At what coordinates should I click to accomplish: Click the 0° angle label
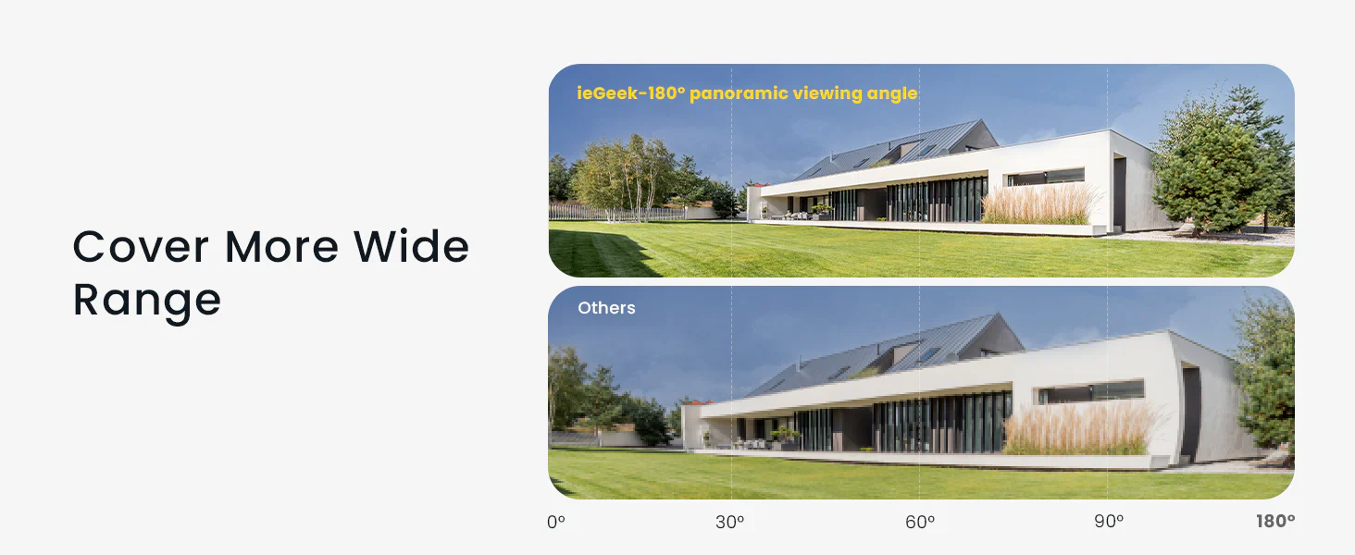pos(556,521)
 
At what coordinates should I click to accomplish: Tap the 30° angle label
pos(729,521)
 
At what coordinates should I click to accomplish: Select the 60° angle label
pos(920,521)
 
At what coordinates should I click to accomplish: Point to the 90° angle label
pos(1109,521)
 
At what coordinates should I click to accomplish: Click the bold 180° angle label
pos(1275,521)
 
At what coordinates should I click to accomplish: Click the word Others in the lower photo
pos(606,308)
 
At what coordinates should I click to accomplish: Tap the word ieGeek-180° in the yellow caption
pos(631,93)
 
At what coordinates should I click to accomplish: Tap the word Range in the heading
pos(147,300)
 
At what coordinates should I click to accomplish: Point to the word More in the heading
pos(281,247)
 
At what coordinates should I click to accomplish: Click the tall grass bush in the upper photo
pos(1039,203)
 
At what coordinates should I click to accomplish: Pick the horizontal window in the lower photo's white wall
pos(1090,391)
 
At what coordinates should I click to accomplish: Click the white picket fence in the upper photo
pos(617,213)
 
